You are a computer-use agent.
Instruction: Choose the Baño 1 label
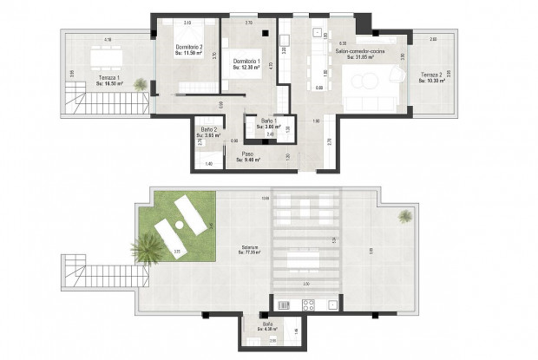tap(259, 123)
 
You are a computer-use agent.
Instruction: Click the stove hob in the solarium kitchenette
tap(305, 304)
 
